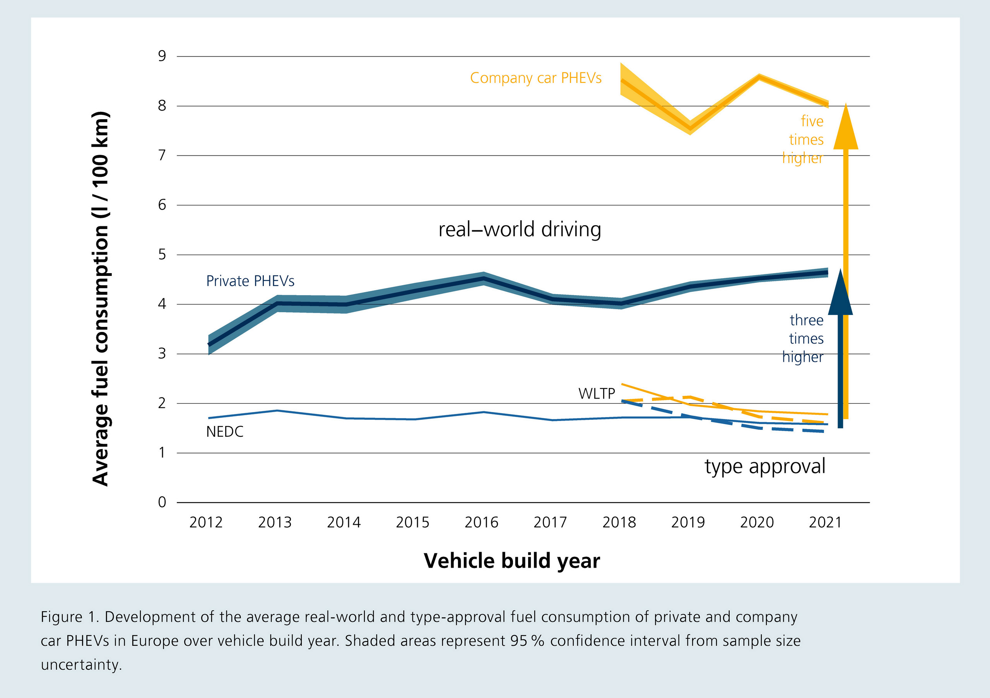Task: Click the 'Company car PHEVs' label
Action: [x=535, y=78]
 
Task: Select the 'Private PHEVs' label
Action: [x=250, y=281]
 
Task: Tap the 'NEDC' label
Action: [x=225, y=431]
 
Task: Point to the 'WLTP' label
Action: [x=597, y=393]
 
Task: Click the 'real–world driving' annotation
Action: [x=520, y=229]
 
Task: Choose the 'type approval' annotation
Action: [x=765, y=467]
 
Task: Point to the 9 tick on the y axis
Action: [x=162, y=56]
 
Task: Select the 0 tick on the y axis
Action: [x=162, y=502]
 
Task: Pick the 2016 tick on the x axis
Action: [x=481, y=522]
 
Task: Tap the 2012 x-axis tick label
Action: [x=206, y=522]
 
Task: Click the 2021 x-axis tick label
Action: [x=825, y=522]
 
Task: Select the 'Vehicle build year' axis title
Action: [x=512, y=561]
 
